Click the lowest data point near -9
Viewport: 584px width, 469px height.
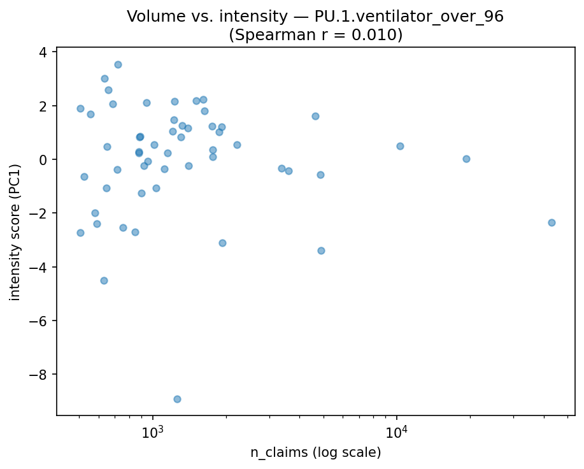point(177,399)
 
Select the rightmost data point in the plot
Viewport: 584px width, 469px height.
point(552,222)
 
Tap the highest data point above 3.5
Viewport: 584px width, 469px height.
point(118,64)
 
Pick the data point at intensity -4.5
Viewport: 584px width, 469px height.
point(104,280)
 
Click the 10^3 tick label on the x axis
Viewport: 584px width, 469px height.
point(153,431)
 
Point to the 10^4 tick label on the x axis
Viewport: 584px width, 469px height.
point(397,431)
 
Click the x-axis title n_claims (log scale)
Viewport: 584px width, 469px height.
point(315,453)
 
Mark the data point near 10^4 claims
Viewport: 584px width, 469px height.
point(400,146)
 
